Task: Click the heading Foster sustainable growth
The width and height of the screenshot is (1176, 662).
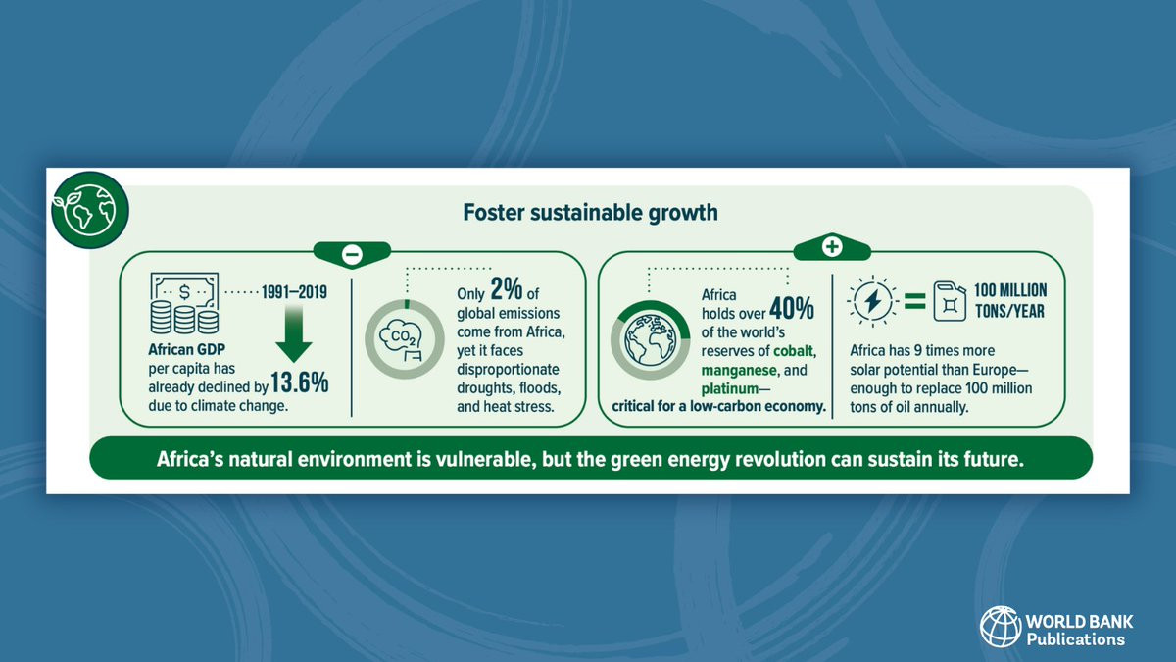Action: point(590,213)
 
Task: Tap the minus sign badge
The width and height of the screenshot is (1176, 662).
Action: point(352,255)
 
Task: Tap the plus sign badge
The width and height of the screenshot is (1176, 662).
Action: point(832,247)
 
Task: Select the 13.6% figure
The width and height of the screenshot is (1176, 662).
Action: point(300,382)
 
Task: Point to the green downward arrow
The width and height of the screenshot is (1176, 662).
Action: point(293,332)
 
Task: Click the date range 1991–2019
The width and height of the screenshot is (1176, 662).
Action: point(294,292)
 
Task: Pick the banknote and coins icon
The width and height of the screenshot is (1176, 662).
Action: point(184,303)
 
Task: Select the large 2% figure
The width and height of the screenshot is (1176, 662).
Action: point(507,288)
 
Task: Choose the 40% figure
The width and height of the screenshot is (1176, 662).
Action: point(792,308)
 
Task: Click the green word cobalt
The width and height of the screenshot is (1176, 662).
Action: point(794,350)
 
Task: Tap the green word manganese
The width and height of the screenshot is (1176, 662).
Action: point(739,371)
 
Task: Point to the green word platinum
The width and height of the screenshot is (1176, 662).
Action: point(730,389)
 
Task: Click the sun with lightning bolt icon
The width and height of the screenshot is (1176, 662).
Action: point(872,302)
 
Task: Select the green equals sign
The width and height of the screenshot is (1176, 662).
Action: point(914,301)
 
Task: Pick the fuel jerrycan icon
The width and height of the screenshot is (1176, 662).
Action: point(950,301)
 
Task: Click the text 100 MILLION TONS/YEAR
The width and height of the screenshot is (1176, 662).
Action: point(1010,300)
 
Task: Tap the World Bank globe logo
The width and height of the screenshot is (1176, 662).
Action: point(1001,627)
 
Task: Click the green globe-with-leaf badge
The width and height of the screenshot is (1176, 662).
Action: point(90,210)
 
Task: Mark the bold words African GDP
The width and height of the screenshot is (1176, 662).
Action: point(186,349)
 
